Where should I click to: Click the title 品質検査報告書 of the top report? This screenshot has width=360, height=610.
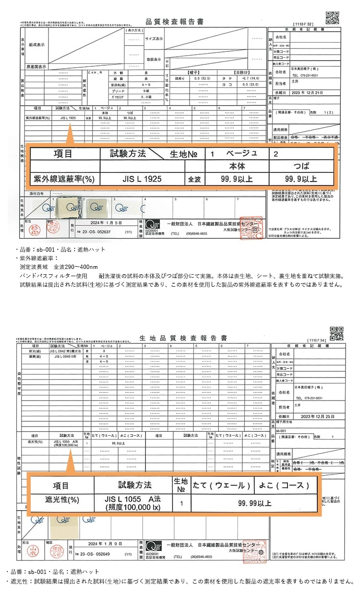pos(174,22)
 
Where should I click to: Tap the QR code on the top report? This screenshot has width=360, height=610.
pos(332,17)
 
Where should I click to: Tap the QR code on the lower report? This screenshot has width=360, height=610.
pos(336,333)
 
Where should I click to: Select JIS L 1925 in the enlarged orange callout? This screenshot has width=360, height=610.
pos(142,179)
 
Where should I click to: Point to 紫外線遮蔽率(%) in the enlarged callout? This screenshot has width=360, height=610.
pos(63,179)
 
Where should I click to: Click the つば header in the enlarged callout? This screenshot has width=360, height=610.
pos(301,166)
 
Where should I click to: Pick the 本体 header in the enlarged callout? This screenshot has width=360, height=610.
pos(237,166)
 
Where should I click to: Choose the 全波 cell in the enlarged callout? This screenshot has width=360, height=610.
pos(194,179)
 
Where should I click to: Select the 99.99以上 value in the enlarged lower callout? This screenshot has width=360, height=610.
pos(254,503)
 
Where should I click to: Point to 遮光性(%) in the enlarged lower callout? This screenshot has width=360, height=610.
pos(61,500)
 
